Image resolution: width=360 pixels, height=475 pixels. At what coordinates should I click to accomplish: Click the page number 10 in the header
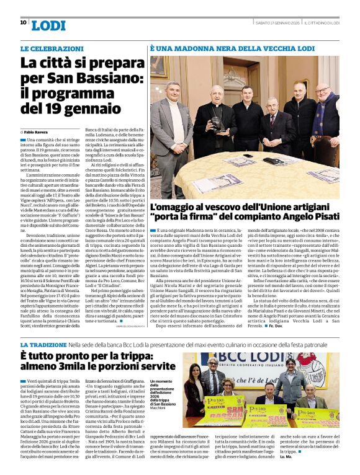[x=23, y=22]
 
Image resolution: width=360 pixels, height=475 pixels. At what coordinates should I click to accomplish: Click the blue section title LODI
[x=48, y=25]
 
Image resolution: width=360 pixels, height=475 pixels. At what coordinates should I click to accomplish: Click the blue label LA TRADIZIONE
[x=44, y=344]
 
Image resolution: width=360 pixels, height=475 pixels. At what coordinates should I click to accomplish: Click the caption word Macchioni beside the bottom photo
[x=160, y=407]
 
